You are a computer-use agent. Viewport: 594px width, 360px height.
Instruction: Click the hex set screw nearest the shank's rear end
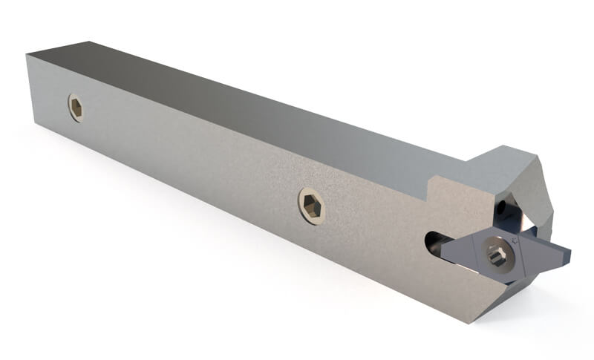click(x=76, y=108)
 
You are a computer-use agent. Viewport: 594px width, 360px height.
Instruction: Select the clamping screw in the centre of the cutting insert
click(x=497, y=256)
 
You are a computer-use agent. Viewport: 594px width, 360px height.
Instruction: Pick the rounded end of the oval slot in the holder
click(x=430, y=242)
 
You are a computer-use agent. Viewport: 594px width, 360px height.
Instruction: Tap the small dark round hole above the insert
click(x=504, y=205)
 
